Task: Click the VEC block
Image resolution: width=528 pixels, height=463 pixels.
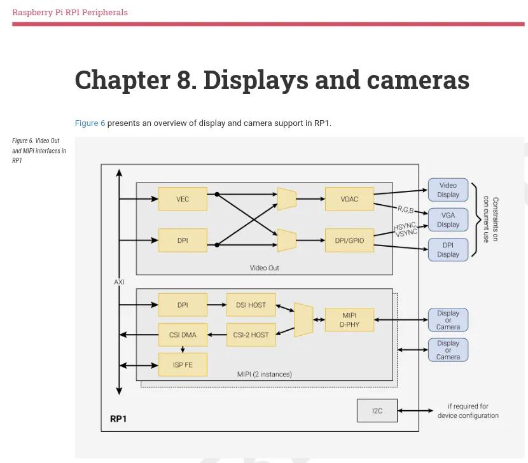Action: pyautogui.click(x=183, y=199)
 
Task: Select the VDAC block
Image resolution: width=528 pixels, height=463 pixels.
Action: pyautogui.click(x=349, y=199)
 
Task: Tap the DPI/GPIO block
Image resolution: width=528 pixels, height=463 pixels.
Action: pyautogui.click(x=349, y=240)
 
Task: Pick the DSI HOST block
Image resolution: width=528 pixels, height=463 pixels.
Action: pyautogui.click(x=251, y=305)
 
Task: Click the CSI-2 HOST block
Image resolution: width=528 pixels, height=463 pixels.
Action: pyautogui.click(x=251, y=335)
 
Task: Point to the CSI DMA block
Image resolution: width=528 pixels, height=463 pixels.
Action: pyautogui.click(x=183, y=335)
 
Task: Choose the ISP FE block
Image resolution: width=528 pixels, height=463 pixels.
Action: pyautogui.click(x=183, y=364)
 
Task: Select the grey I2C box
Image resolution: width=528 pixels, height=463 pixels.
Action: pyautogui.click(x=377, y=411)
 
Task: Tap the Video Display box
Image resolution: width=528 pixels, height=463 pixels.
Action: pyautogui.click(x=448, y=190)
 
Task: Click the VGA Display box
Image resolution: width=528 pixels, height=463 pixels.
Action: pyautogui.click(x=448, y=220)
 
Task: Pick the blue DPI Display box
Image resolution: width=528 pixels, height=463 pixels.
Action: pyautogui.click(x=448, y=249)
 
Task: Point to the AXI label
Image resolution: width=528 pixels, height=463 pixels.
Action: pyautogui.click(x=119, y=282)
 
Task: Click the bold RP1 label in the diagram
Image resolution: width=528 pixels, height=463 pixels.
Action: pyautogui.click(x=118, y=419)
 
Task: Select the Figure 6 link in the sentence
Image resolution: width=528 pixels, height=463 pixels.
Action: pyautogui.click(x=90, y=123)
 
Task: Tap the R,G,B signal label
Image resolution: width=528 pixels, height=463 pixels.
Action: pyautogui.click(x=405, y=209)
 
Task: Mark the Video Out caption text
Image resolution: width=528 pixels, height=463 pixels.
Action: pyautogui.click(x=264, y=268)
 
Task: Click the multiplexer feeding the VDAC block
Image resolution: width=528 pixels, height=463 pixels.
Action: pyautogui.click(x=287, y=199)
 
